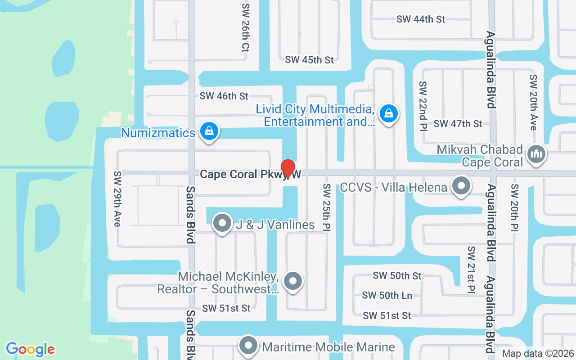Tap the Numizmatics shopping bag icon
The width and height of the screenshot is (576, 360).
click(209, 131)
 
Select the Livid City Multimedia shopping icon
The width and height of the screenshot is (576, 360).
click(388, 113)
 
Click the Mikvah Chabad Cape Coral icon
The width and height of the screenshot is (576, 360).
click(536, 154)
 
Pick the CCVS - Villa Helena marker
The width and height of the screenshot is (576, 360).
click(461, 186)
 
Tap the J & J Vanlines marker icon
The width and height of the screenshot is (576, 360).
click(221, 223)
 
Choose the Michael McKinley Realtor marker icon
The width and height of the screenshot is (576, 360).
click(293, 281)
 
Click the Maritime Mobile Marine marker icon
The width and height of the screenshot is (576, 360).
click(248, 346)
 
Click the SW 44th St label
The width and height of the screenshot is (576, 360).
click(420, 19)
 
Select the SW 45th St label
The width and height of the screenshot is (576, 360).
click(309, 60)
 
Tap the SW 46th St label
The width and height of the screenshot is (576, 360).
click(224, 96)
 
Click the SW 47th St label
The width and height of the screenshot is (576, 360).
click(458, 124)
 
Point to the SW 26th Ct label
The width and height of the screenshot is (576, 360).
click(245, 28)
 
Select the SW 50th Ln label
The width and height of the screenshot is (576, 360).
click(387, 296)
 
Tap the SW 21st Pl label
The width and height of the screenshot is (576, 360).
click(471, 269)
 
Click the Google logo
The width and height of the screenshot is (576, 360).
click(30, 349)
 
